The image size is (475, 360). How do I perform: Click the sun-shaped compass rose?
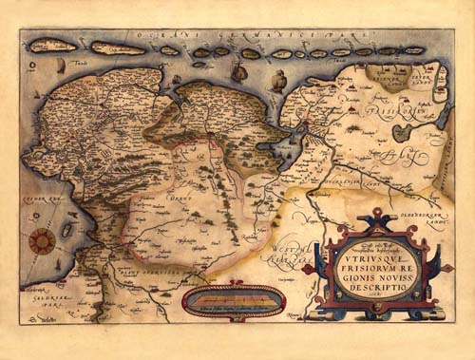click(40, 241)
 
